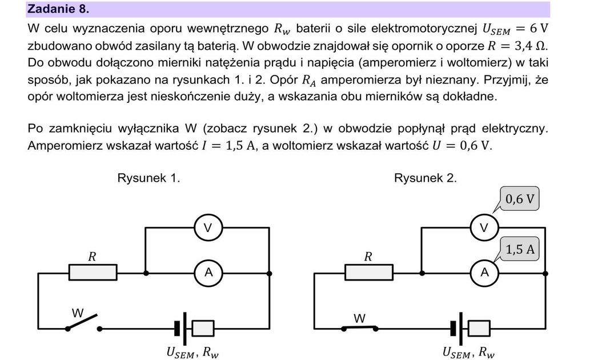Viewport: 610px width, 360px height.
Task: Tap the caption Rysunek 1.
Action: pos(149,178)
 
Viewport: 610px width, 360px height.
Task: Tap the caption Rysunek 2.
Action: pos(425,178)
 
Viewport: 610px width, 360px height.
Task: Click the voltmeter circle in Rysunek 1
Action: pos(208,228)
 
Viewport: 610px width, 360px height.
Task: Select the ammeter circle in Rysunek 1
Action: pos(208,273)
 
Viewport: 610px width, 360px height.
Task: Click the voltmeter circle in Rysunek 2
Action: pos(484,228)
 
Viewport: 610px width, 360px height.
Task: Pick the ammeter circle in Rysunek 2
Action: pos(484,273)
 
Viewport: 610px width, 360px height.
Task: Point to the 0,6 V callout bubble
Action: pos(520,199)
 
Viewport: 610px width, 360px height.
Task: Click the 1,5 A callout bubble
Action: pos(520,249)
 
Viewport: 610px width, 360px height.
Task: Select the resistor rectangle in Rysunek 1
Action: pos(91,273)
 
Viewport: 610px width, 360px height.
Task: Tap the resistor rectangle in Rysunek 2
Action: pos(368,273)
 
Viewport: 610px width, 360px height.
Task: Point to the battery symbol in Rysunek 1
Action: pos(194,328)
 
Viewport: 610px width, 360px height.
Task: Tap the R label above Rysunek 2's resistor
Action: pos(368,257)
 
